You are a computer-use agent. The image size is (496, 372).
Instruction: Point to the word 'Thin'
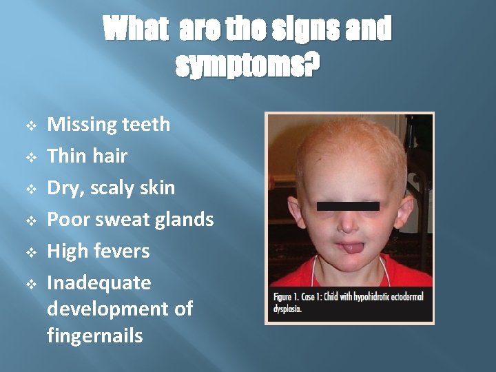pyautogui.click(x=65, y=156)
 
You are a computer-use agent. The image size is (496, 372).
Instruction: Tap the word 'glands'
pyautogui.click(x=185, y=220)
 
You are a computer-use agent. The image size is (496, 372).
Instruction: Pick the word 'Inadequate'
pyautogui.click(x=99, y=283)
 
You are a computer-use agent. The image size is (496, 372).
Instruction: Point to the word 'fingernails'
pyautogui.click(x=95, y=335)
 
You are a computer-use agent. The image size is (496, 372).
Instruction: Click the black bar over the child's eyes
pyautogui.click(x=348, y=206)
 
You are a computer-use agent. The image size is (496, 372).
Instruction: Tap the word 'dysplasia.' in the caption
pyautogui.click(x=287, y=309)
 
